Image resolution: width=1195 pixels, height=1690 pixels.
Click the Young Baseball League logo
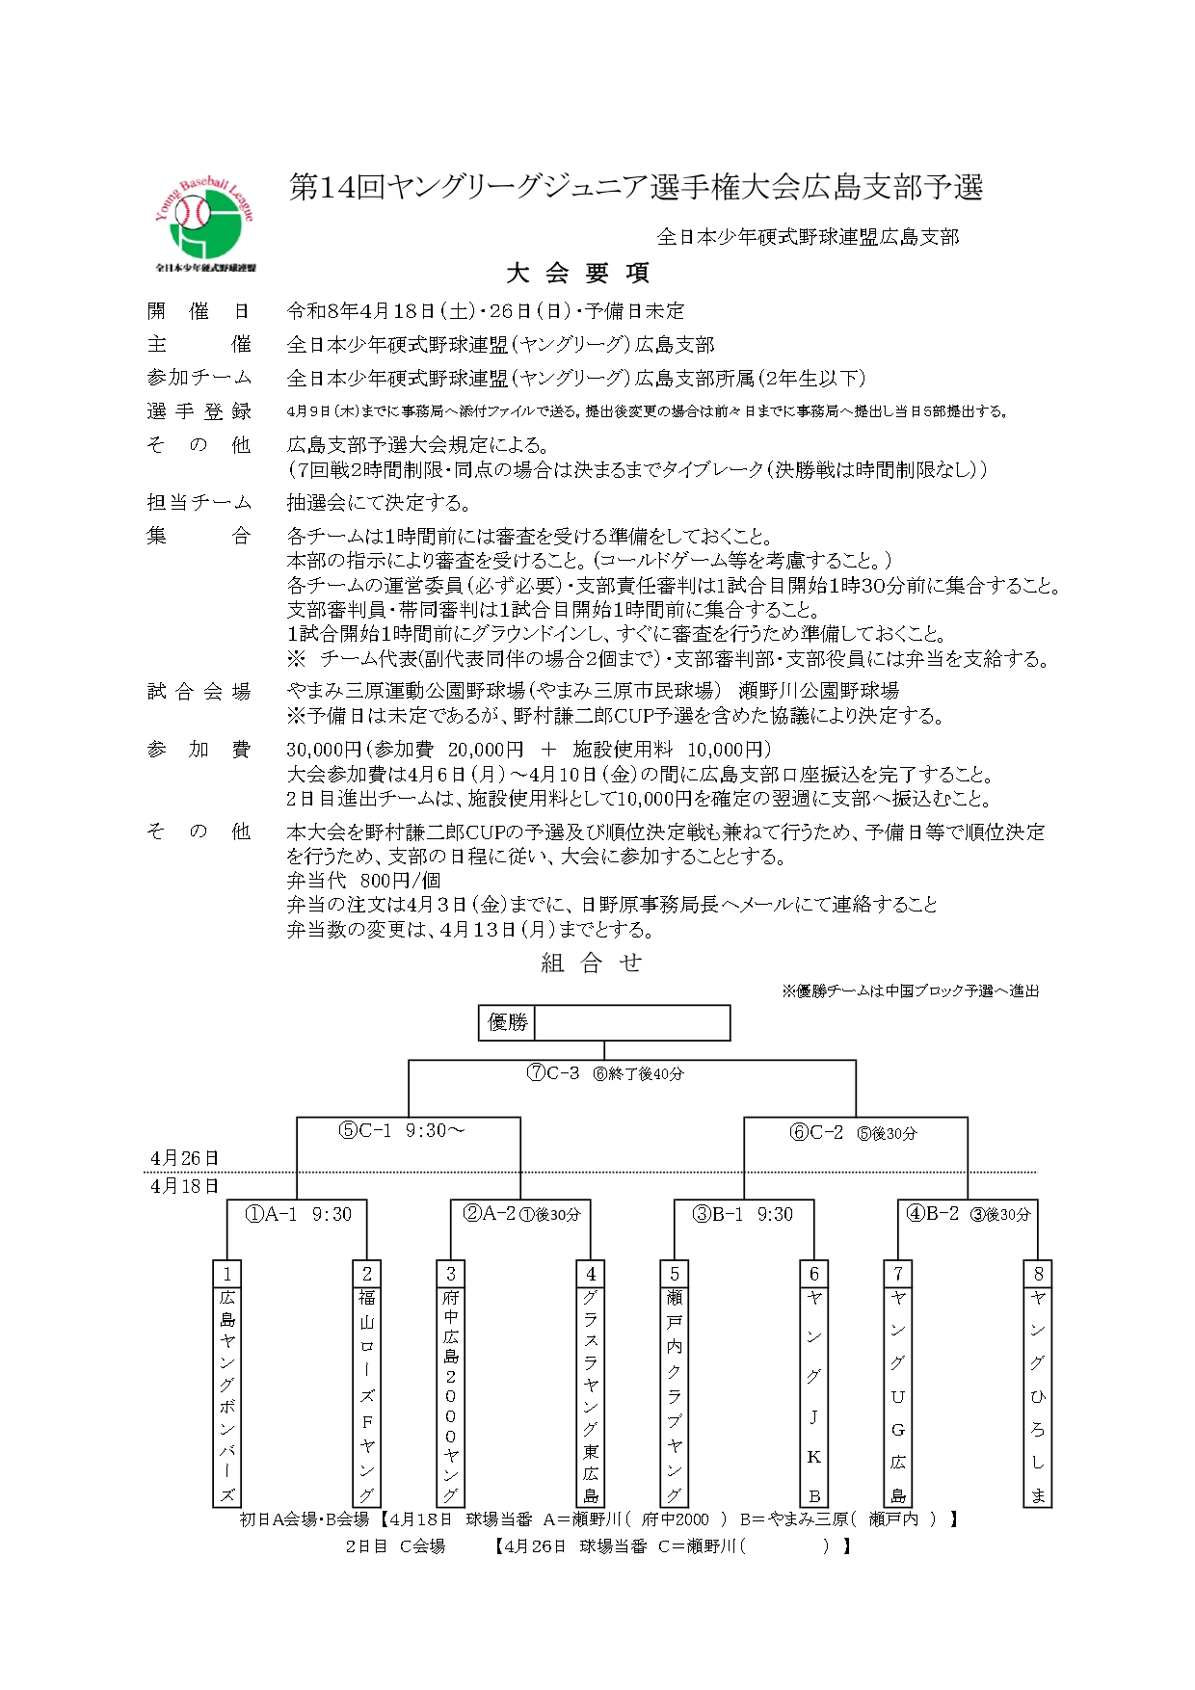pyautogui.click(x=205, y=225)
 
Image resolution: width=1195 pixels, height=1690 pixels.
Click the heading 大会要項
pyautogui.click(x=578, y=274)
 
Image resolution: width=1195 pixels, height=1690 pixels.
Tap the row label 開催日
pyautogui.click(x=199, y=311)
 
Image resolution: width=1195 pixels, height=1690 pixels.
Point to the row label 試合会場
pyautogui.click(x=199, y=691)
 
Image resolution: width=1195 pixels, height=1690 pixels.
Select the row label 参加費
pyautogui.click(x=199, y=750)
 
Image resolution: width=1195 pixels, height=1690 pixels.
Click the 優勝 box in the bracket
pyautogui.click(x=507, y=1022)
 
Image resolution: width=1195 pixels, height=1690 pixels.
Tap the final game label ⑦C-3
pyautogui.click(x=553, y=1073)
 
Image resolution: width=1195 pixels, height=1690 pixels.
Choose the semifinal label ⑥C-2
pyautogui.click(x=816, y=1133)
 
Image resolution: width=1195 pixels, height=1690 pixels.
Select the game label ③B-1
pyautogui.click(x=718, y=1215)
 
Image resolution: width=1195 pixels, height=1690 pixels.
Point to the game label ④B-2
pyautogui.click(x=933, y=1214)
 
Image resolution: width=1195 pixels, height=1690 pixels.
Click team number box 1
pyautogui.click(x=226, y=1274)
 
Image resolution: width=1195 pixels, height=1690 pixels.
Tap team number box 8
pyautogui.click(x=1038, y=1274)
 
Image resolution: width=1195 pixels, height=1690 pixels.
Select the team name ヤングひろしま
pyautogui.click(x=1038, y=1396)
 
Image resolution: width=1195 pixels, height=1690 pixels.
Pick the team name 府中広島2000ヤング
pyautogui.click(x=450, y=1396)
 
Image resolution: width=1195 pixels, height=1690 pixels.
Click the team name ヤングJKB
pyautogui.click(x=814, y=1396)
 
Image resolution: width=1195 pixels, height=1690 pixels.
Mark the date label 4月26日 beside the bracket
pyautogui.click(x=185, y=1158)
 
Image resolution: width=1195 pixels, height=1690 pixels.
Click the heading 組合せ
pyautogui.click(x=591, y=964)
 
